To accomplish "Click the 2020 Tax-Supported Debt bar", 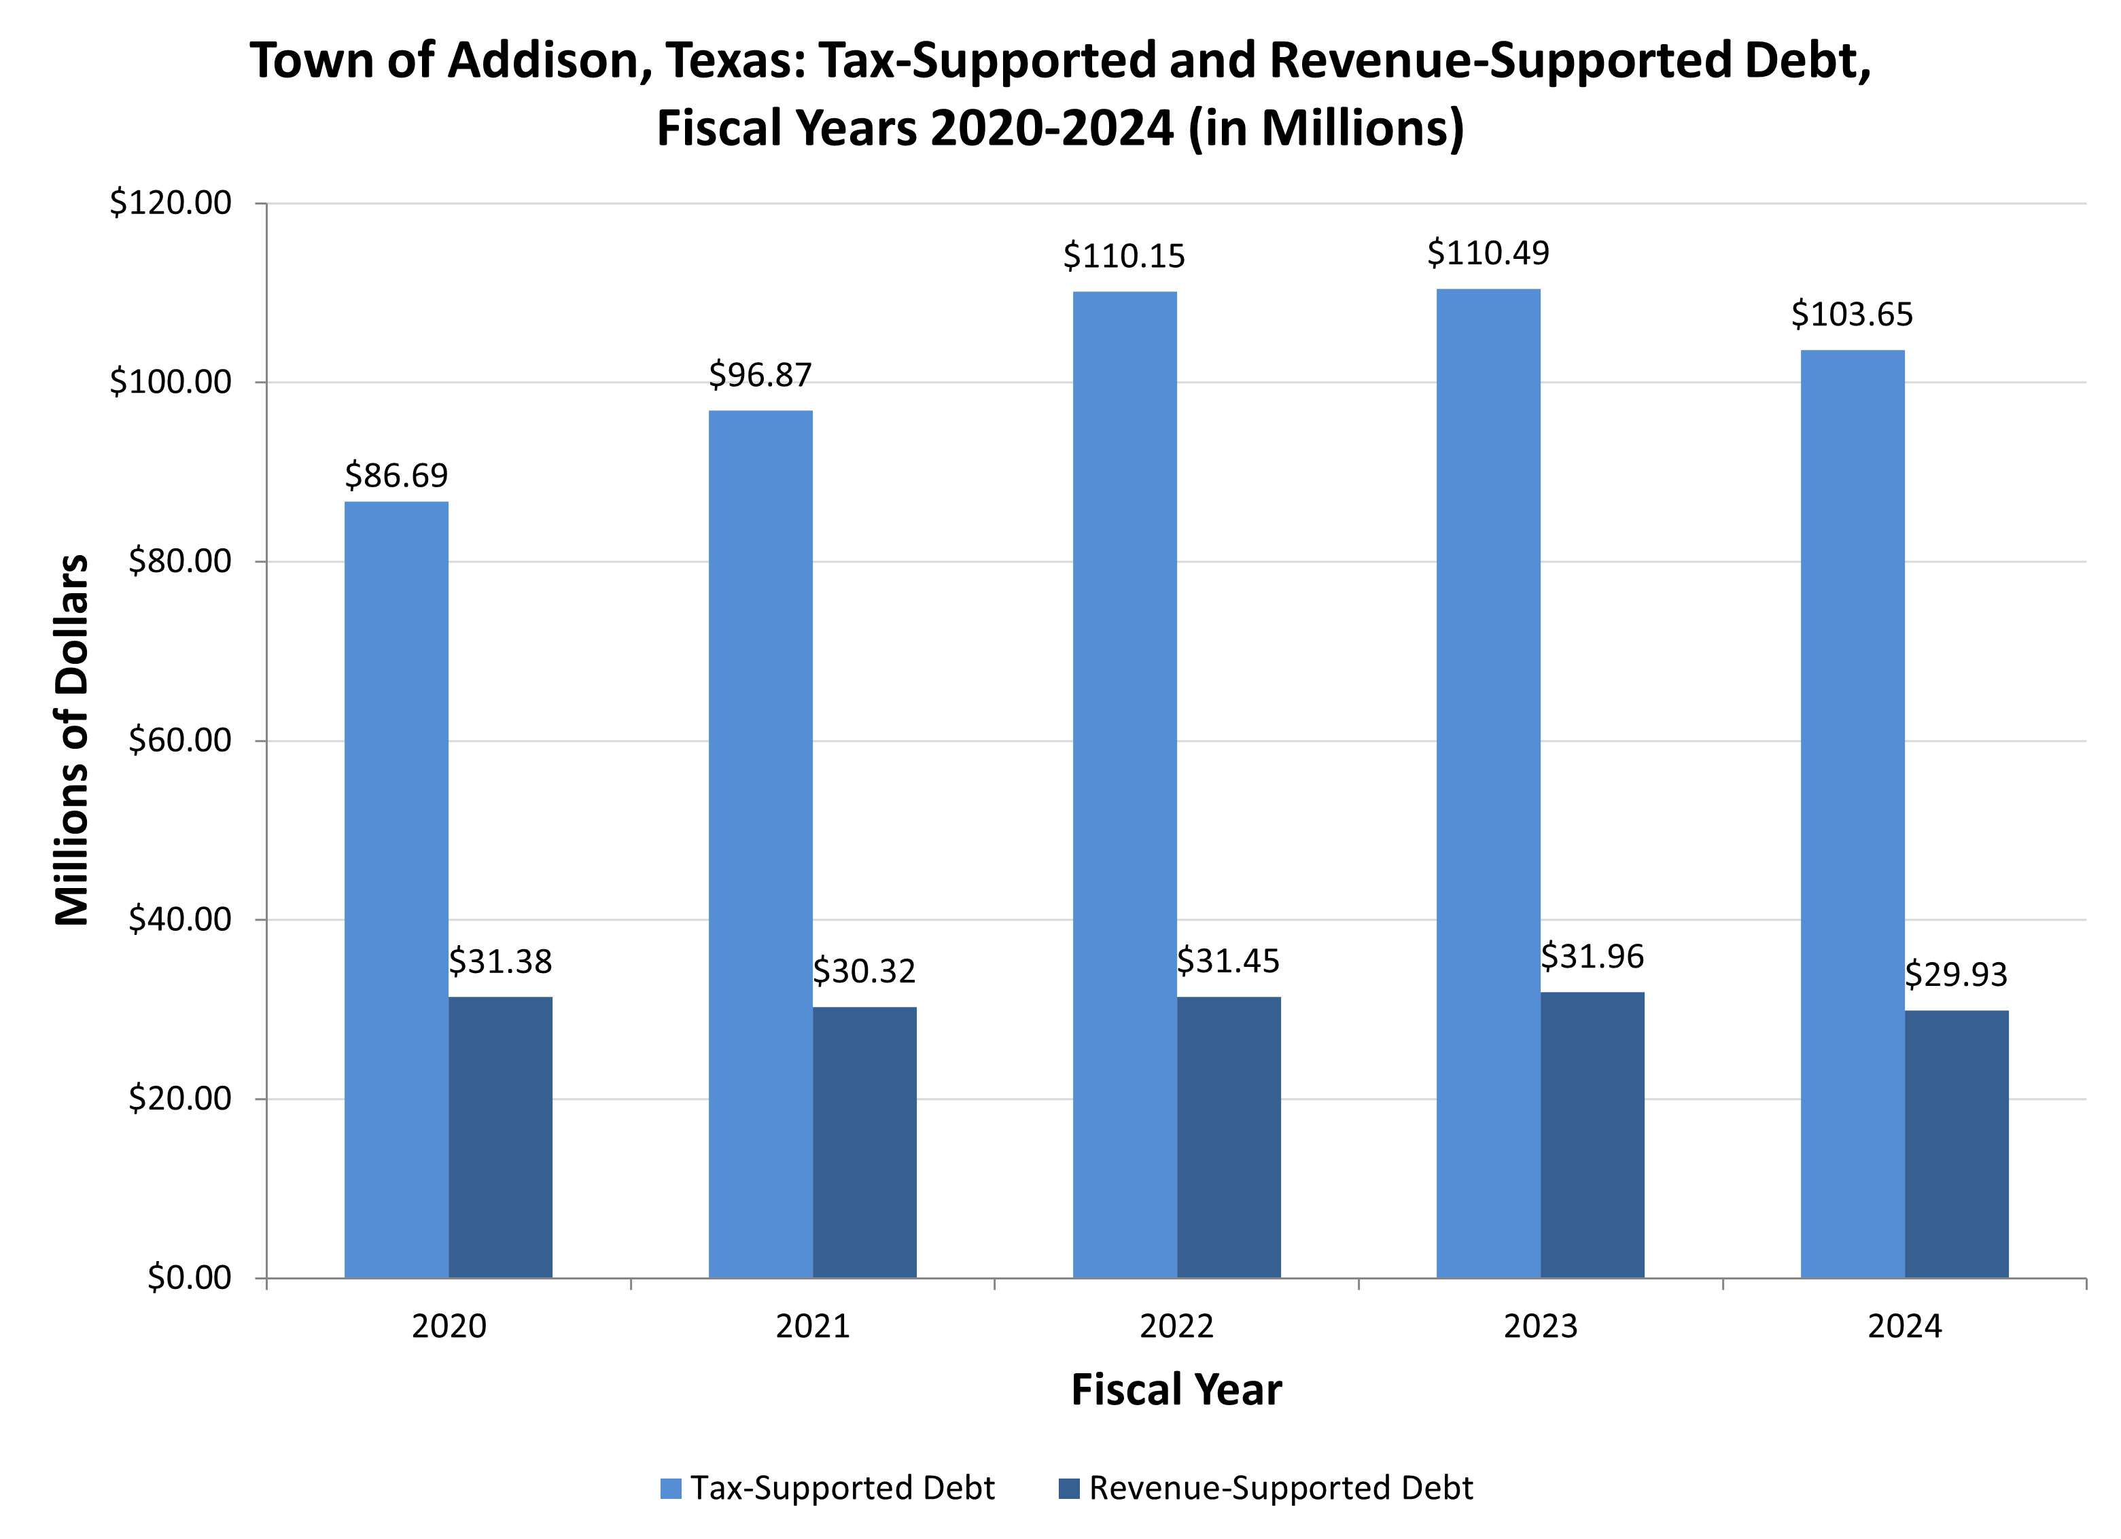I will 396,888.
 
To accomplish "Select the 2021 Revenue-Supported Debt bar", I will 864,1142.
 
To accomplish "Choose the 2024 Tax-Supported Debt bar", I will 1852,813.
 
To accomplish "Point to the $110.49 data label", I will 1488,253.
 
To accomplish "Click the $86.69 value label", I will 396,476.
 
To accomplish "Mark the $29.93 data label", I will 1955,975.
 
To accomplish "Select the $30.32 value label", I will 864,972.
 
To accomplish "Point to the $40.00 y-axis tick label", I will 179,919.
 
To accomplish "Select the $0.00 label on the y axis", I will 189,1277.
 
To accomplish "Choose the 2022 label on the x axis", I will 1176,1327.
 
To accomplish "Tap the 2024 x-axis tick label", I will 1904,1327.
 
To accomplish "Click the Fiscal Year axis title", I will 1176,1390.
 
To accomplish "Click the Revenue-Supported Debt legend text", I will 1280,1489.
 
